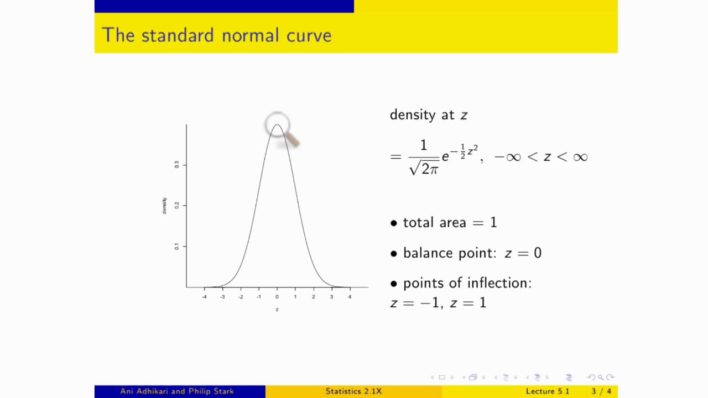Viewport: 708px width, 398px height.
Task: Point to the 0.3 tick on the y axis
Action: (x=177, y=165)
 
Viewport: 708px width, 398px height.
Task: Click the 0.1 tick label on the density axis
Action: (x=177, y=246)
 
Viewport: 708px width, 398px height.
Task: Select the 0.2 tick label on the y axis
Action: (x=177, y=205)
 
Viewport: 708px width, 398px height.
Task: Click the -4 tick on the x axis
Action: (x=204, y=297)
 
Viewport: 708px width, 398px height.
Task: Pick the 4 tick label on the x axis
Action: (x=350, y=297)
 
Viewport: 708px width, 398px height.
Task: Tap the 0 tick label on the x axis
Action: (x=277, y=297)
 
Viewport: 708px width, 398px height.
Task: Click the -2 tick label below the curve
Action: (x=241, y=297)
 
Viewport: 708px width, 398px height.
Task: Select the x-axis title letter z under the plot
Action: (x=277, y=310)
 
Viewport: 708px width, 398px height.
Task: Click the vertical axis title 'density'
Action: (x=164, y=206)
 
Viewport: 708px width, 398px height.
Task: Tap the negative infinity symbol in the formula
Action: (x=507, y=158)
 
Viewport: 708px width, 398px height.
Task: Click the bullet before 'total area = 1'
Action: (x=394, y=223)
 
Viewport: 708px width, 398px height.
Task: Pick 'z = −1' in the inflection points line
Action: (x=415, y=303)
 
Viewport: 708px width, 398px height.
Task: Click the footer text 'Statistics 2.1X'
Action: (x=353, y=391)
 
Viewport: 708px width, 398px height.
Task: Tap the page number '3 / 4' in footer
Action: (x=601, y=391)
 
